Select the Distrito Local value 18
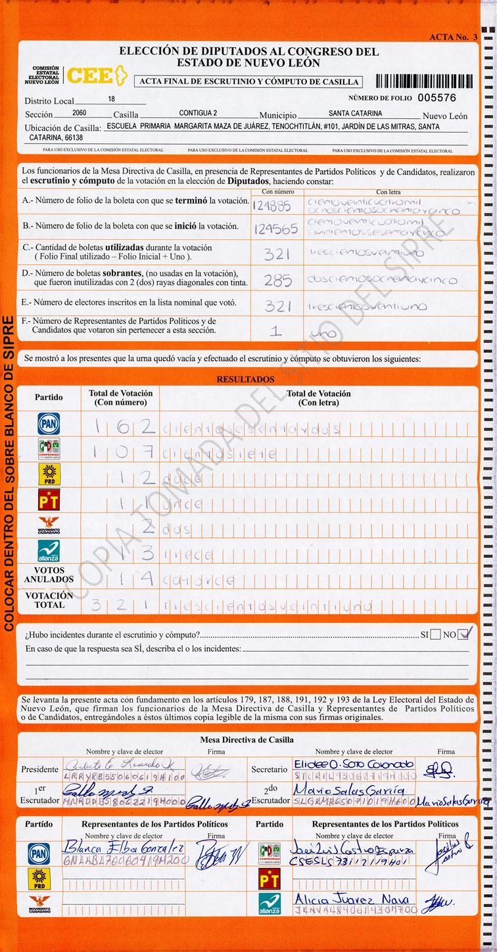pos(111,99)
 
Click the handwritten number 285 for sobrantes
pos(277,281)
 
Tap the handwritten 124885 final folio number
pos(271,205)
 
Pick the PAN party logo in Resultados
pos(49,424)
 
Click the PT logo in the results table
pos(49,501)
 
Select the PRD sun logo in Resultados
pos(49,475)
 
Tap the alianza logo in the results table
pos(49,551)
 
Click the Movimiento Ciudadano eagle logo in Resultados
pos(49,526)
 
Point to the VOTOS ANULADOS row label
pos(49,576)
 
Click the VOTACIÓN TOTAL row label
pos(49,600)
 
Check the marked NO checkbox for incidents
pos(465,635)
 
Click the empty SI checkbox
pos(435,635)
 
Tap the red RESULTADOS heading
pos(245,380)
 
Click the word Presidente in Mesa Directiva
pos(39,769)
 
